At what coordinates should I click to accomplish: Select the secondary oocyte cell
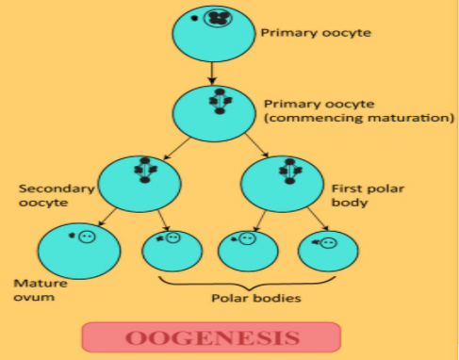click(141, 180)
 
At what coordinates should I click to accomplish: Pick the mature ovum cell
click(78, 248)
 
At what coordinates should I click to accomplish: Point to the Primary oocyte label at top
click(316, 32)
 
